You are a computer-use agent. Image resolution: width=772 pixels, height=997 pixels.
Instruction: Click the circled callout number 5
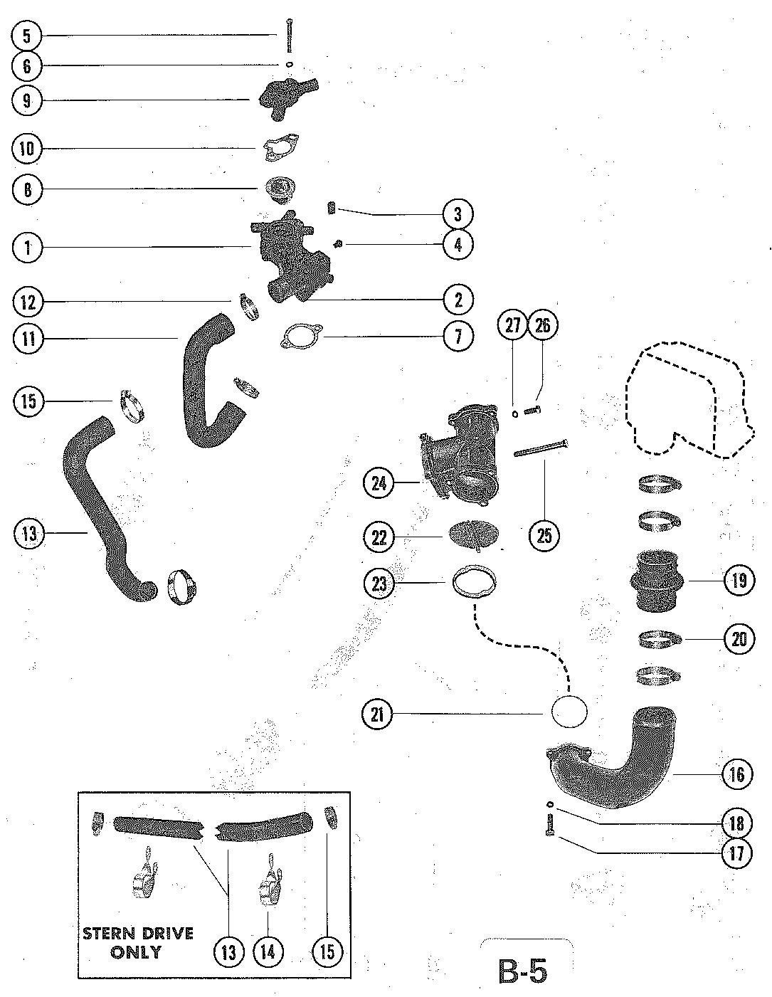pos(27,36)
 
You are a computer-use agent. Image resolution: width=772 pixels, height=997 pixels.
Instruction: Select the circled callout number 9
pos(27,100)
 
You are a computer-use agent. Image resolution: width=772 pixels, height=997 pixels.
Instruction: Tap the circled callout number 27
pos(514,325)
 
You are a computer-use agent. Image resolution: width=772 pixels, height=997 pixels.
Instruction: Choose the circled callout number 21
pos(378,714)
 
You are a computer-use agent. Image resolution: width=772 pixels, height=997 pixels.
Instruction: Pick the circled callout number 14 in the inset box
pos(268,951)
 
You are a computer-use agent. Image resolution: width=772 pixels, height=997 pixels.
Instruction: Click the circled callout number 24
pos(379,483)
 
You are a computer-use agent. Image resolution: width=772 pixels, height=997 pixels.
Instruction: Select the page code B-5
pos(522,970)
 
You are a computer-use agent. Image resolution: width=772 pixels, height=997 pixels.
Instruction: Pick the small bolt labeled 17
pos(550,825)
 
